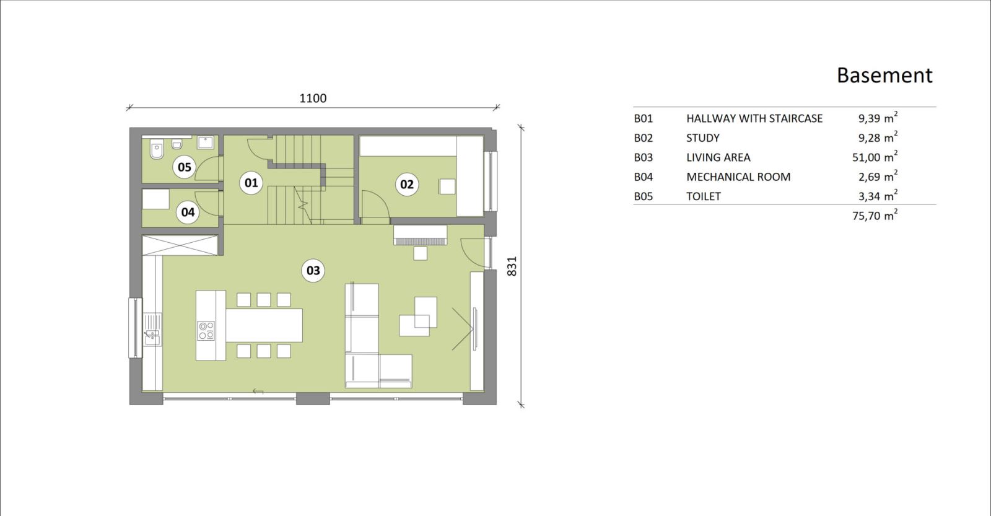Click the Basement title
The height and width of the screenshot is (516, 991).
coord(884,75)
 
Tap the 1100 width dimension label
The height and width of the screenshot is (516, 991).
coord(313,98)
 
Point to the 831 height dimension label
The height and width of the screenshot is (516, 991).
coord(512,266)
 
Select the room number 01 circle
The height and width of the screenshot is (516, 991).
coord(251,182)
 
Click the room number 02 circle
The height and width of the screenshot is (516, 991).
coord(406,184)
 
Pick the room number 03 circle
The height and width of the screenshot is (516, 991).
coord(313,271)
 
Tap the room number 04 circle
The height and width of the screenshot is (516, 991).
coord(188,212)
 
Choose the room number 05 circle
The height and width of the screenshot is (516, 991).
coord(184,167)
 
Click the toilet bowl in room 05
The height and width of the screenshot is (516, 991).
coord(157,149)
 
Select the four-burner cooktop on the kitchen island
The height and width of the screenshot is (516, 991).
coord(206,331)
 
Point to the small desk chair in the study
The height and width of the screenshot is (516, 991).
coord(447,186)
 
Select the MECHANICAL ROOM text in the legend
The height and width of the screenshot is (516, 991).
coord(738,177)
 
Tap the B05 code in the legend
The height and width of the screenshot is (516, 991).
coord(644,196)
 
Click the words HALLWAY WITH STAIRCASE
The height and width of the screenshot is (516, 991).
coord(754,118)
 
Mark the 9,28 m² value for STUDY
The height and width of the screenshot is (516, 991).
coord(878,137)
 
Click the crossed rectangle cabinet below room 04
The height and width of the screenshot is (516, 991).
coord(180,245)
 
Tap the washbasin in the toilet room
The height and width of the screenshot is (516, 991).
coord(205,142)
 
